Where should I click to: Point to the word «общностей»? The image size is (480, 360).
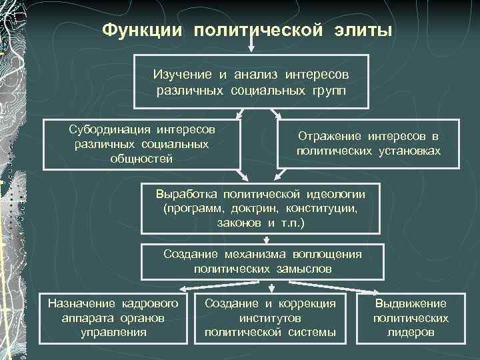click(x=141, y=159)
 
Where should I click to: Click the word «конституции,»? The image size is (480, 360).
click(x=323, y=208)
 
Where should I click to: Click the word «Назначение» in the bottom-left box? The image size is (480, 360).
click(x=82, y=303)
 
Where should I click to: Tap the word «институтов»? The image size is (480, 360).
click(x=270, y=318)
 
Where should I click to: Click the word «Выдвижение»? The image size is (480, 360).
click(x=411, y=303)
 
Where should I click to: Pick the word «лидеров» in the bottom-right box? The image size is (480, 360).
click(x=411, y=332)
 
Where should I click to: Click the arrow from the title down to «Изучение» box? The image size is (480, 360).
click(x=251, y=45)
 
